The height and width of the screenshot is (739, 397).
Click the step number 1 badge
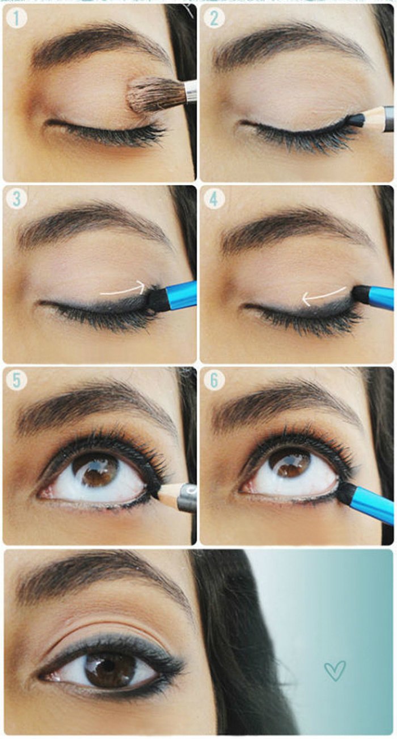[x=16, y=19]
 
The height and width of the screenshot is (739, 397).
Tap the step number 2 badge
[x=214, y=19]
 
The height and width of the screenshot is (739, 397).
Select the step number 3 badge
[x=16, y=199]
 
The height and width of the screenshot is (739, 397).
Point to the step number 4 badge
[x=214, y=199]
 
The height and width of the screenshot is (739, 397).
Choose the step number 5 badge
[x=16, y=381]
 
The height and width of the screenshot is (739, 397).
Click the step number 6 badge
[x=214, y=381]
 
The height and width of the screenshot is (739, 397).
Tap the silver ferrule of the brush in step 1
[x=191, y=91]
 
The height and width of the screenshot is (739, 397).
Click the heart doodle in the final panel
[x=335, y=671]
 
